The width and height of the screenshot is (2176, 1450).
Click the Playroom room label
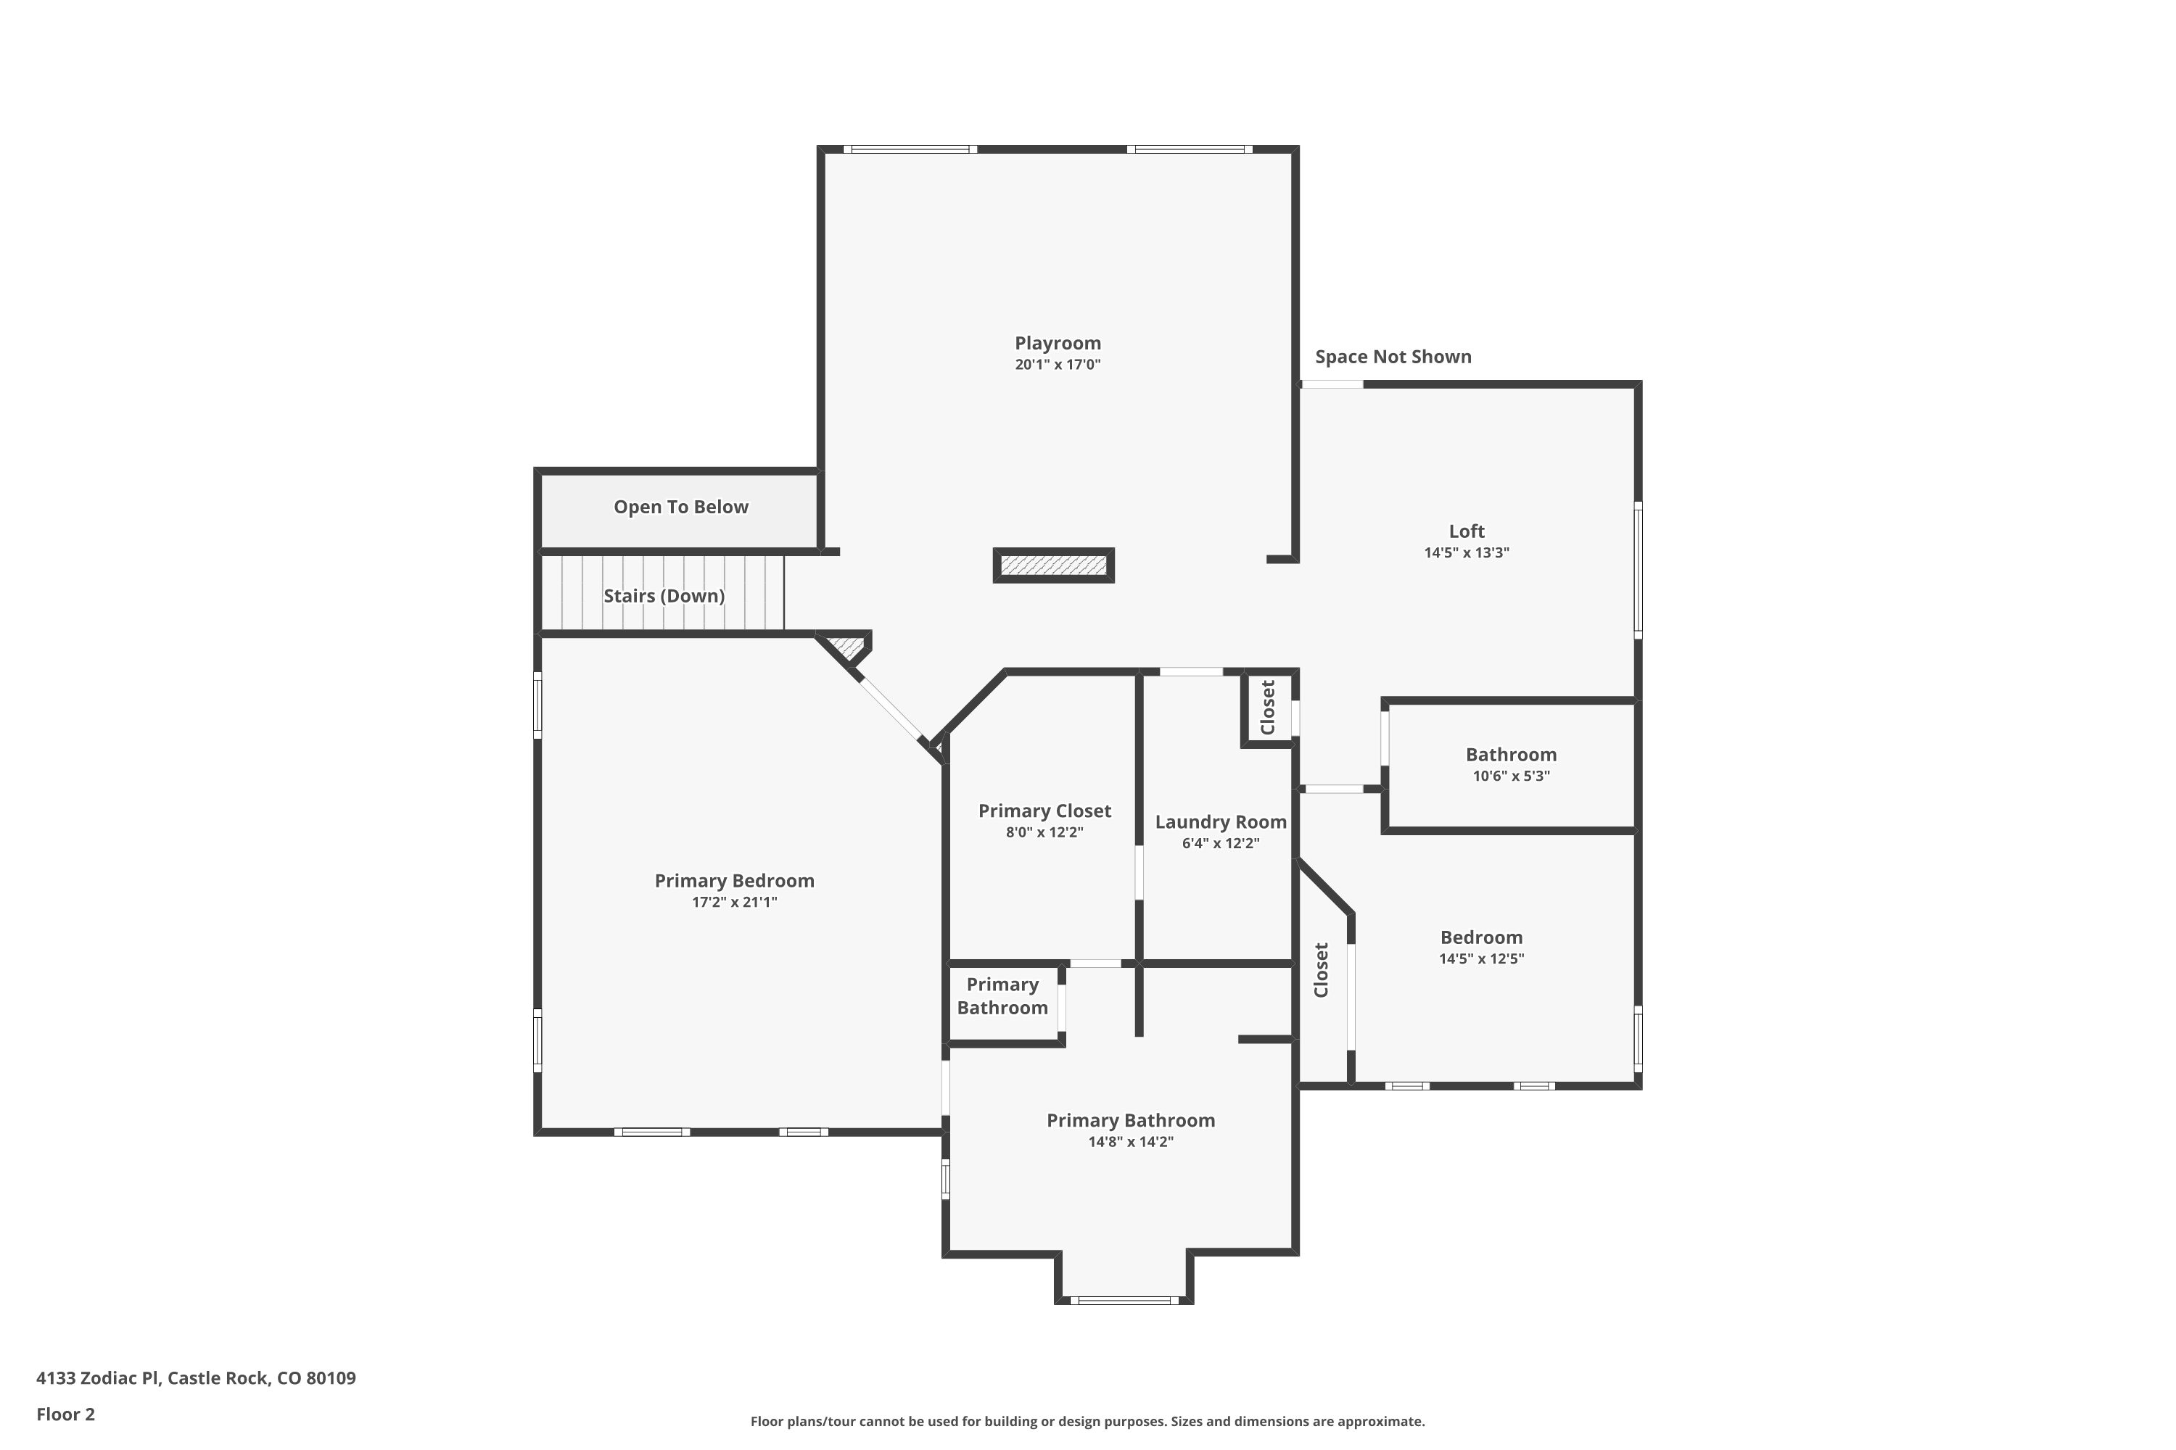pos(1058,344)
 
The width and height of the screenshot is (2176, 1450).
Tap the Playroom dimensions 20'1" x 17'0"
pos(1058,365)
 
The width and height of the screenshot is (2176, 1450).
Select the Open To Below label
pos(681,507)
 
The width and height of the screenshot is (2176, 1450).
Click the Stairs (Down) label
pos(664,595)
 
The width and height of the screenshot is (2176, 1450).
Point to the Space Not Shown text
pos(1393,357)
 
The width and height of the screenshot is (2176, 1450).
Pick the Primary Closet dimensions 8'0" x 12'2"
pos(1044,832)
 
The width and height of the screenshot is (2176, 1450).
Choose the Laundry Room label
pos(1220,822)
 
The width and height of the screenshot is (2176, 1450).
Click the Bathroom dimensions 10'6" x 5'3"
pos(1511,776)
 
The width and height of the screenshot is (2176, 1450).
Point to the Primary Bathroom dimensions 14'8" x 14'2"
pos(1131,1142)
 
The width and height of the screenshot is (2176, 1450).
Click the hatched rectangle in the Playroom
pos(1054,565)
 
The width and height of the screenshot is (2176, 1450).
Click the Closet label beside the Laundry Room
pos(1267,708)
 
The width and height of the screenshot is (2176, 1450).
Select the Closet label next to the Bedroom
pos(1321,970)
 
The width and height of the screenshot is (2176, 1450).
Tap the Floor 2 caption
pos(66,1414)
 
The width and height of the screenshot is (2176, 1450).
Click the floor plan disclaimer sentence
pos(1087,1421)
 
